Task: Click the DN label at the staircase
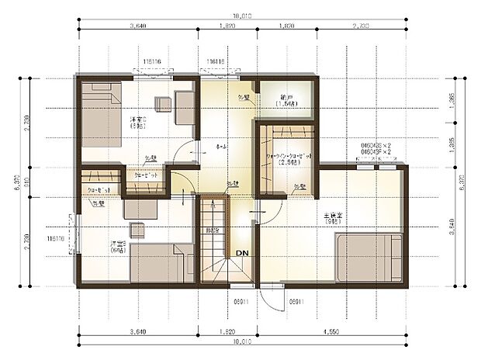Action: tap(241, 253)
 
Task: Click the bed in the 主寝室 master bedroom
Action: tap(369, 258)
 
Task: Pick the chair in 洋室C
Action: tap(163, 105)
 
